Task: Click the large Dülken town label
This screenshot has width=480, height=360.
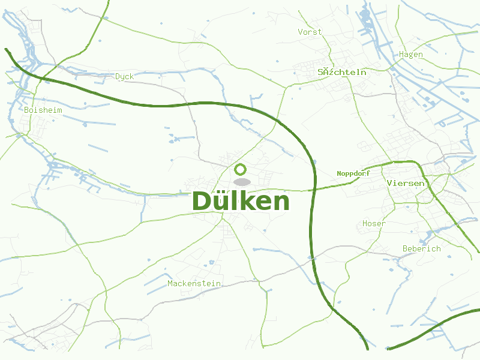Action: (241, 202)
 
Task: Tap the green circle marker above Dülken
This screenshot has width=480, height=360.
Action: (241, 169)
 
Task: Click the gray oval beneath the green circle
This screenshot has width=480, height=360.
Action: (242, 182)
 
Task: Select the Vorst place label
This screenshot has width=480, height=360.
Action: (310, 32)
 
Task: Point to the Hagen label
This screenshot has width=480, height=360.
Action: (411, 55)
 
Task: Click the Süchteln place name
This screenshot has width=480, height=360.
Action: (342, 72)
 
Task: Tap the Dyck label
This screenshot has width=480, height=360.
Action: (125, 77)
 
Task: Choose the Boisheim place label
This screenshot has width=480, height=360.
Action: (43, 110)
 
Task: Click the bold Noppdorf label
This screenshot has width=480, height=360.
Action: (353, 173)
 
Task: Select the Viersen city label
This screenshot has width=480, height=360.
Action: (406, 183)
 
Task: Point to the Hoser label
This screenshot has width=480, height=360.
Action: (374, 224)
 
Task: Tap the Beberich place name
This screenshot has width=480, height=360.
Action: (421, 249)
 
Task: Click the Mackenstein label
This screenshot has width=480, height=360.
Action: (194, 284)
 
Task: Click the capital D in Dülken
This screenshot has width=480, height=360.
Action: (202, 202)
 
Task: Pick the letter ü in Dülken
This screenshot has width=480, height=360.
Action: (220, 202)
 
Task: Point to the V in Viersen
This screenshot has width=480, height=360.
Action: (391, 183)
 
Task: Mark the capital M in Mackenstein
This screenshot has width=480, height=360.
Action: (170, 284)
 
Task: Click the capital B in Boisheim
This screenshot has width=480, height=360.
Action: (27, 110)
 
